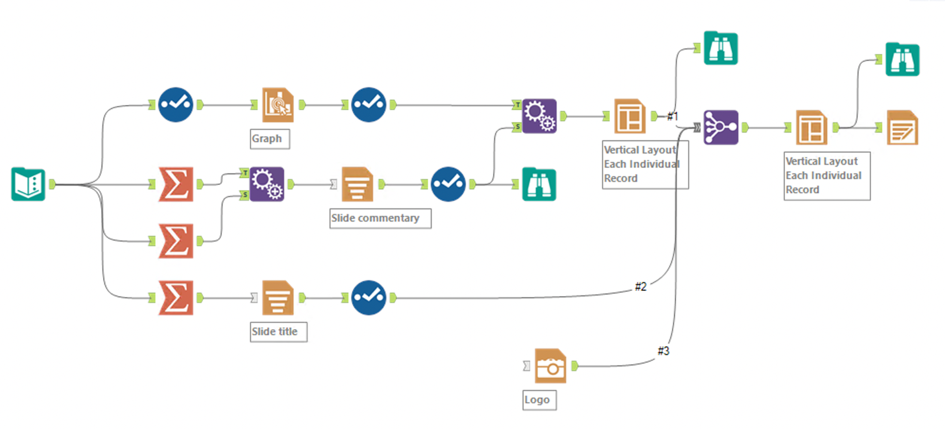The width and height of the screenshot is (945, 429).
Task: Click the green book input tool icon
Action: point(28,184)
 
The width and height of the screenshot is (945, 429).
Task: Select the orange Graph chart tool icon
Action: point(278,104)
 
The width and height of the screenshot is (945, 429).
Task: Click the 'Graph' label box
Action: point(267,139)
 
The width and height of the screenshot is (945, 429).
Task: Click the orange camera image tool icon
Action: point(550,366)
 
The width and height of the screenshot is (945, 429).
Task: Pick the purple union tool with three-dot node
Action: point(720,128)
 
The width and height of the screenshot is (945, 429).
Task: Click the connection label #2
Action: point(640,286)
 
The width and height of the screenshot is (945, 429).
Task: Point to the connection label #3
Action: point(663,351)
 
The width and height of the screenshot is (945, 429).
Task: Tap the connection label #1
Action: point(672,116)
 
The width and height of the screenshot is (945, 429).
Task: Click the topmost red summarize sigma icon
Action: point(176,184)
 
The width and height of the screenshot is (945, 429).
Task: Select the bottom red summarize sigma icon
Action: point(176,298)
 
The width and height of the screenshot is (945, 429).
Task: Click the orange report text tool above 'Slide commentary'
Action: point(357,184)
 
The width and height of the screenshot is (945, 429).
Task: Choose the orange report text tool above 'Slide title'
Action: point(278,298)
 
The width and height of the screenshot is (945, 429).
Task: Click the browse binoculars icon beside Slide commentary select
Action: point(539,184)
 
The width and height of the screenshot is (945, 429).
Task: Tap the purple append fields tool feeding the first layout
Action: point(539,116)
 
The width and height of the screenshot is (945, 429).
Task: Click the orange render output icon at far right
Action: point(902,128)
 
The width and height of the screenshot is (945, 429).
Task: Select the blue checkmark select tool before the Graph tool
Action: point(176,104)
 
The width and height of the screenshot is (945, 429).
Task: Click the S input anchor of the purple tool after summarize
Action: point(244,195)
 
